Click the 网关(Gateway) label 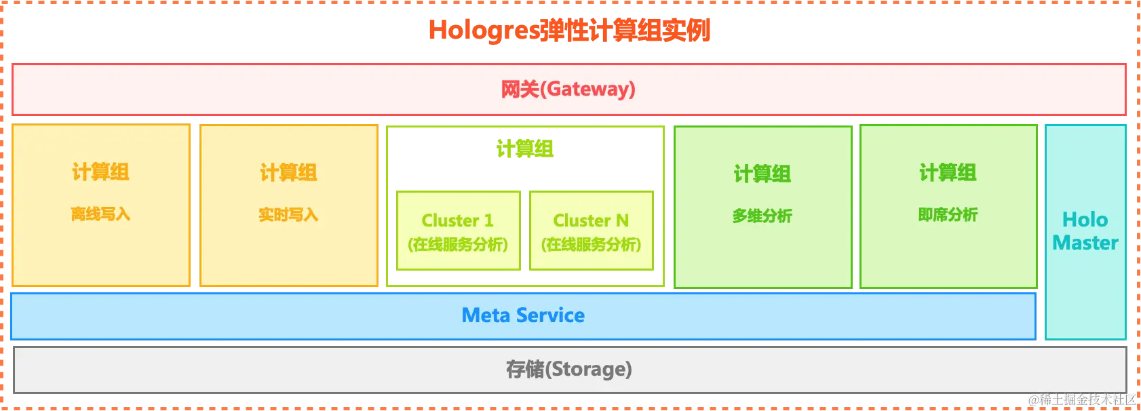point(568,89)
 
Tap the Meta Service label point(523,315)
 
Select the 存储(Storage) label point(568,369)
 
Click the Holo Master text point(1085,231)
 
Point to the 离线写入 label point(100,214)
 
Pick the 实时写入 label point(288,215)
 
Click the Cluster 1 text point(458,220)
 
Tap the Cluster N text point(591,220)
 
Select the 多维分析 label point(762,216)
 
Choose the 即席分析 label point(948,215)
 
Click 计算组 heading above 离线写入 point(100,172)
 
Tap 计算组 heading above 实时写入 point(288,173)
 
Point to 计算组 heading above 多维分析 point(762,174)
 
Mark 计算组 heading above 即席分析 point(948,173)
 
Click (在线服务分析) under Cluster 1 point(458,244)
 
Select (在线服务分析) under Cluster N point(591,244)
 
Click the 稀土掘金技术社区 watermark point(1081,399)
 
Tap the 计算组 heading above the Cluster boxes point(524,148)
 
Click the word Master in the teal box point(1085,243)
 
